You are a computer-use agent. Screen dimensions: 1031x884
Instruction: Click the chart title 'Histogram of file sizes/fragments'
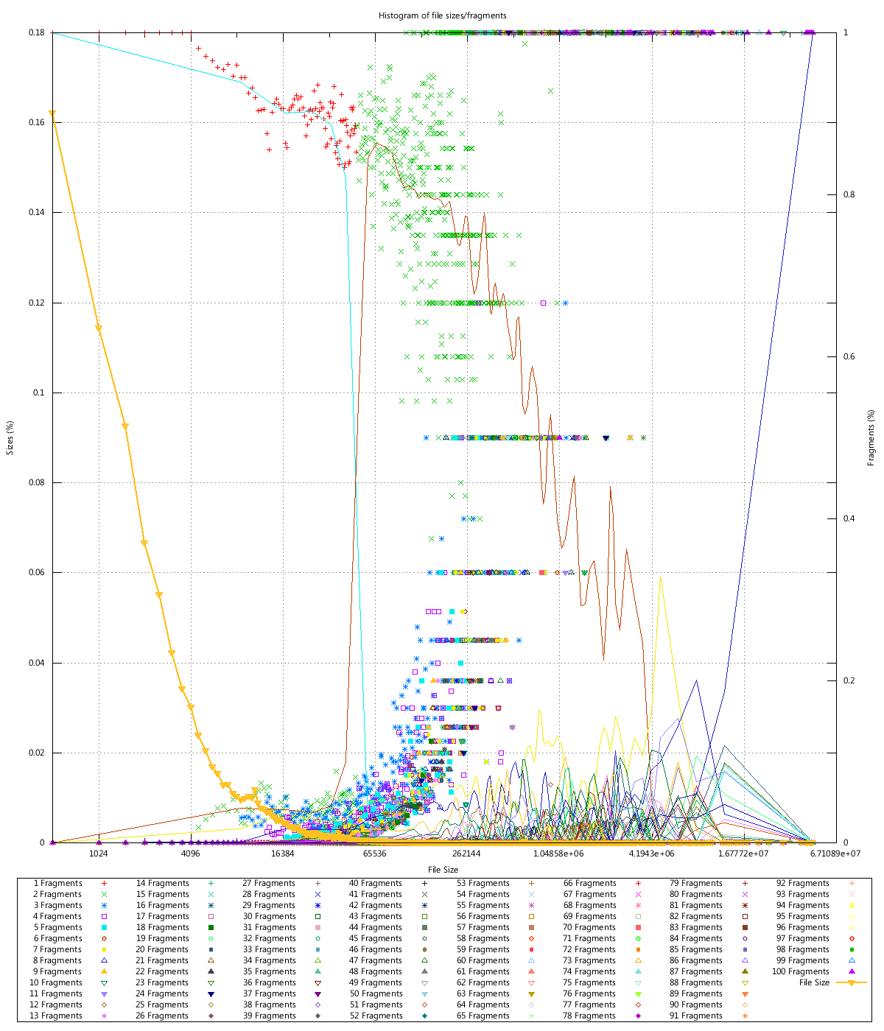click(x=442, y=15)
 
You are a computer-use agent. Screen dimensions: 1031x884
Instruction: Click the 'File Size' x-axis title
click(x=443, y=870)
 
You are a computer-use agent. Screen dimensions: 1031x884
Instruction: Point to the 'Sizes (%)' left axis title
click(x=10, y=437)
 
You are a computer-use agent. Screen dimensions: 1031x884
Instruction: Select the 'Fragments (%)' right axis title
click(x=871, y=437)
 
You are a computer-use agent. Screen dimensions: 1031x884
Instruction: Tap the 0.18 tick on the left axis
click(x=37, y=32)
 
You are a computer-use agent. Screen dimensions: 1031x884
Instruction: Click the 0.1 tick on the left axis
click(x=40, y=393)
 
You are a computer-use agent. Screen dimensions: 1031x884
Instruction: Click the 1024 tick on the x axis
click(x=99, y=854)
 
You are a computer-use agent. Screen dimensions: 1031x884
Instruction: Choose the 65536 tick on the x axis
click(x=374, y=854)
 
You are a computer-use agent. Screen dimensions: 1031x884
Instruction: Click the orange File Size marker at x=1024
click(x=99, y=328)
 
